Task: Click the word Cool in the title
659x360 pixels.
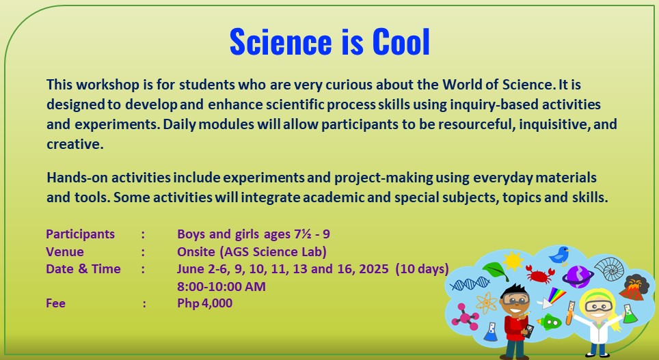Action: point(401,42)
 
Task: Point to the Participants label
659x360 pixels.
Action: point(81,234)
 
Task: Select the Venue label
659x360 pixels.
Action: point(65,251)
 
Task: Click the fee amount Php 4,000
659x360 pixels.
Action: point(204,303)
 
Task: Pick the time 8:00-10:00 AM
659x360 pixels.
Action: point(221,286)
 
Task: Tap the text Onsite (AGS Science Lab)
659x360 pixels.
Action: point(252,251)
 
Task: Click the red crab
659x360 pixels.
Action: point(541,276)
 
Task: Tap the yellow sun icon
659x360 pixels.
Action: point(513,260)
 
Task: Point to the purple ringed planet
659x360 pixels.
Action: point(578,275)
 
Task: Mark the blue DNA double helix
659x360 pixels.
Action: point(470,284)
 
